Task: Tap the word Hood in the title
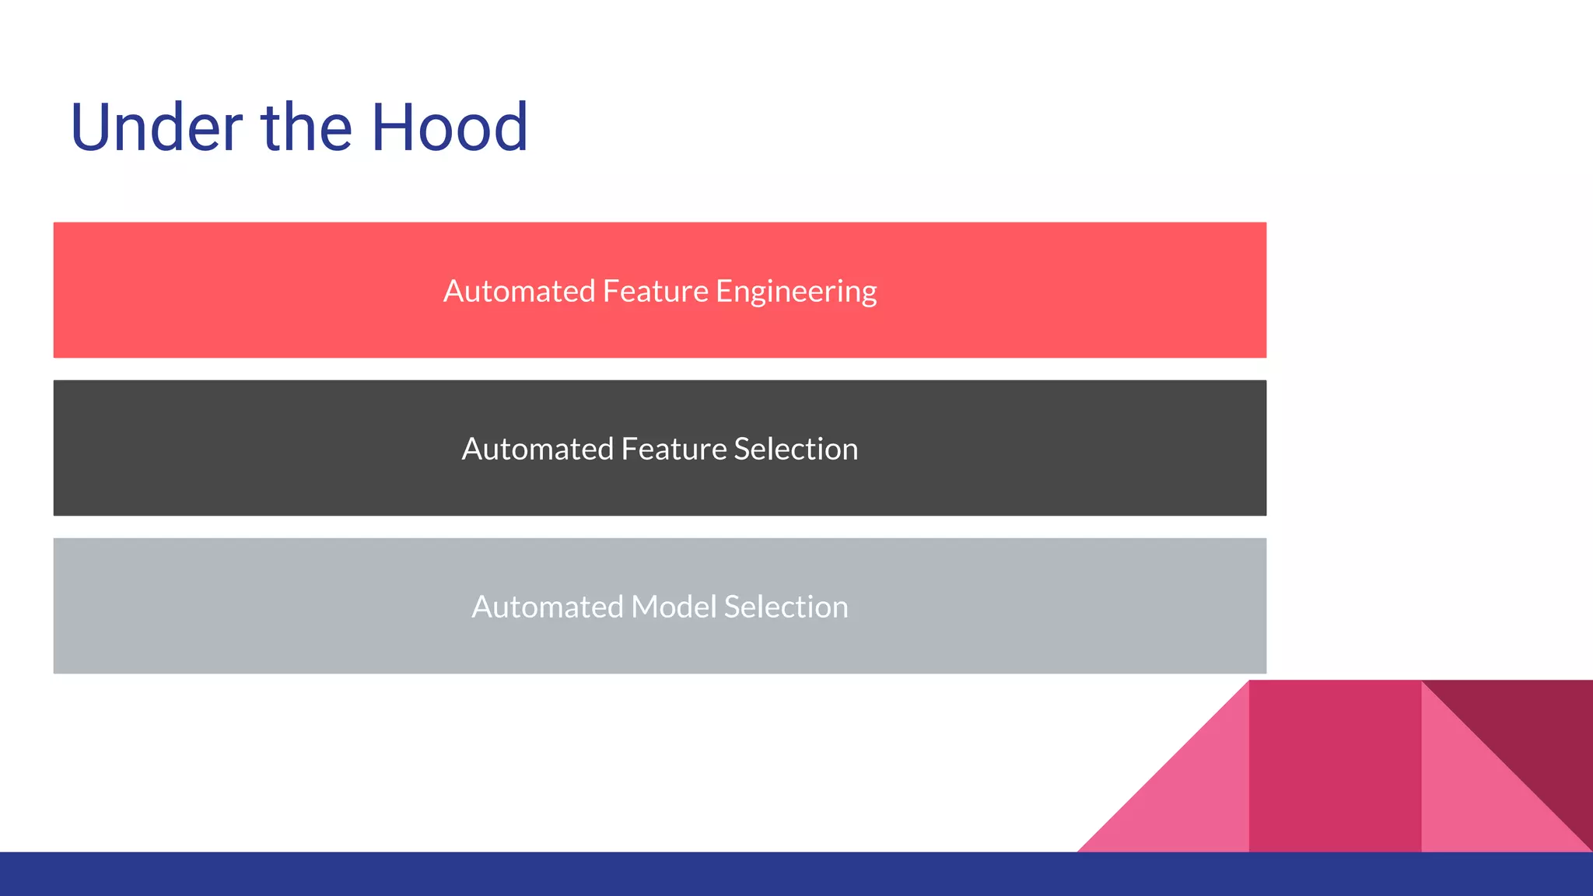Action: pos(450,128)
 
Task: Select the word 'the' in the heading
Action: pos(306,128)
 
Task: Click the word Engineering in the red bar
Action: pos(796,292)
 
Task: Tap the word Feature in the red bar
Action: pos(655,291)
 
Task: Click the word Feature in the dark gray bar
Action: pos(674,449)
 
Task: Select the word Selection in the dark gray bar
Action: pos(795,449)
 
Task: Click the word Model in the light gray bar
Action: pos(673,607)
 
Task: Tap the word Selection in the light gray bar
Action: pos(786,607)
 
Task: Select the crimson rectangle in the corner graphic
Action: pos(1335,766)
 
